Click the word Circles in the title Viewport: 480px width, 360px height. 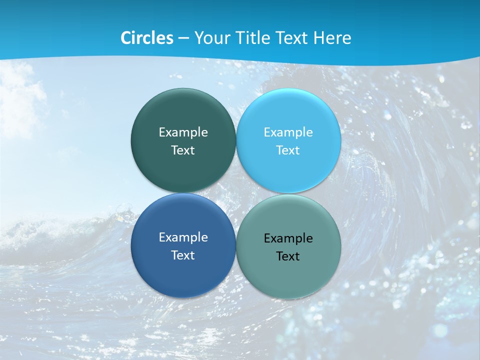click(x=147, y=38)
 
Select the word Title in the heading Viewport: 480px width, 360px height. click(x=253, y=38)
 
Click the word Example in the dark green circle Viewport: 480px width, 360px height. click(x=183, y=132)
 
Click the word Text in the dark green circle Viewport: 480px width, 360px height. click(x=183, y=150)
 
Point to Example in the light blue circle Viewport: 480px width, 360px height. click(x=288, y=132)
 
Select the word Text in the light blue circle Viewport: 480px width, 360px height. click(x=288, y=150)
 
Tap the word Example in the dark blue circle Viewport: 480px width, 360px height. click(x=183, y=237)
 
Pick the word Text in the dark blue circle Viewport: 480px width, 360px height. click(x=183, y=255)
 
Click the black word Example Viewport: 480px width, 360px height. click(x=288, y=238)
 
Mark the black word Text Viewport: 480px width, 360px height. click(x=288, y=256)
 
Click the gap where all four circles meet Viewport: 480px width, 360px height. click(x=236, y=193)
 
